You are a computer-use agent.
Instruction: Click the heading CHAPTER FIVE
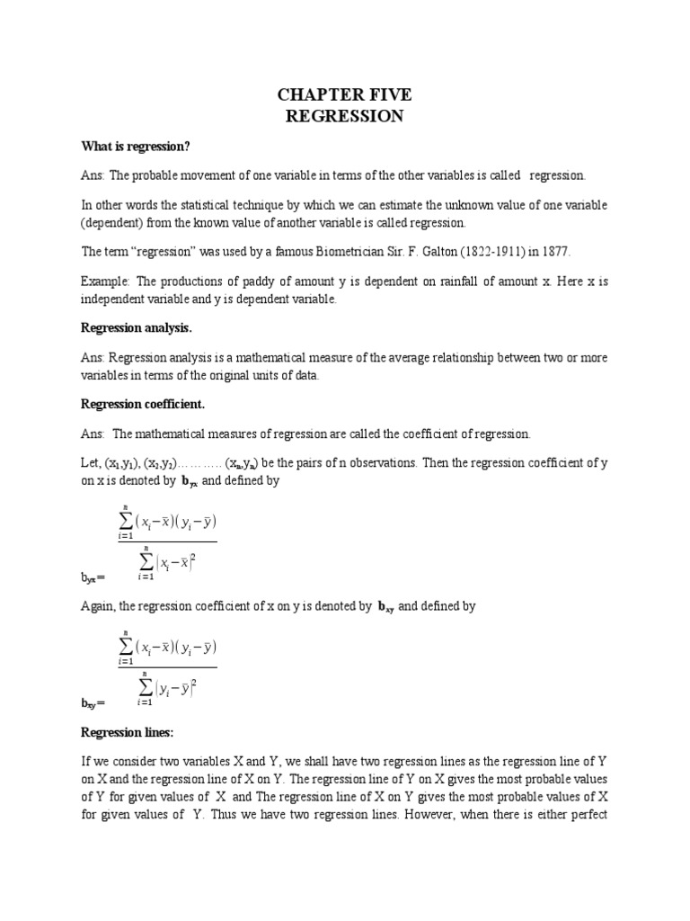pos(344,95)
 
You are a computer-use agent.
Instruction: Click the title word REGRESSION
pos(344,116)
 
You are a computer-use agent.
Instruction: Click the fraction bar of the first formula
pos(167,541)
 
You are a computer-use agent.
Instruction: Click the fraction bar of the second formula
pos(167,666)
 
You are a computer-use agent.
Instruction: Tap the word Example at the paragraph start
pos(104,282)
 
